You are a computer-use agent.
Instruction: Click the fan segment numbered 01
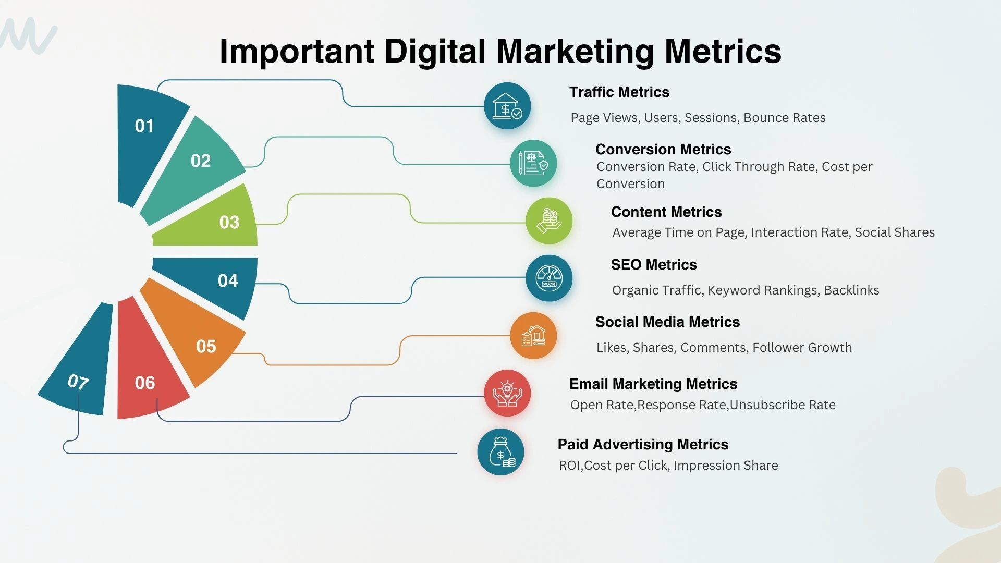point(149,136)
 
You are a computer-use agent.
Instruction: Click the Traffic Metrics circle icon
point(507,106)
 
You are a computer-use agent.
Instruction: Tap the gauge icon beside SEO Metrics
point(549,278)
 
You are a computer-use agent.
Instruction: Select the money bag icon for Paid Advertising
point(500,452)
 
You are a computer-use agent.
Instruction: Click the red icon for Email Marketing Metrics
point(507,393)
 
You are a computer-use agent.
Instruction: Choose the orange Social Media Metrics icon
point(533,336)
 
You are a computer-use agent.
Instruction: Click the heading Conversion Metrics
point(663,150)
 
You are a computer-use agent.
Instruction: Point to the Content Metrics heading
point(666,212)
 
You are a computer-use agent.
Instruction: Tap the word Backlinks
point(851,290)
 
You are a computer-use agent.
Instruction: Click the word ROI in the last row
point(569,466)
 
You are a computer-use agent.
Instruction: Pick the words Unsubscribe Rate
point(783,405)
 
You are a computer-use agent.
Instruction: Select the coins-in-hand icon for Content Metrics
point(549,221)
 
